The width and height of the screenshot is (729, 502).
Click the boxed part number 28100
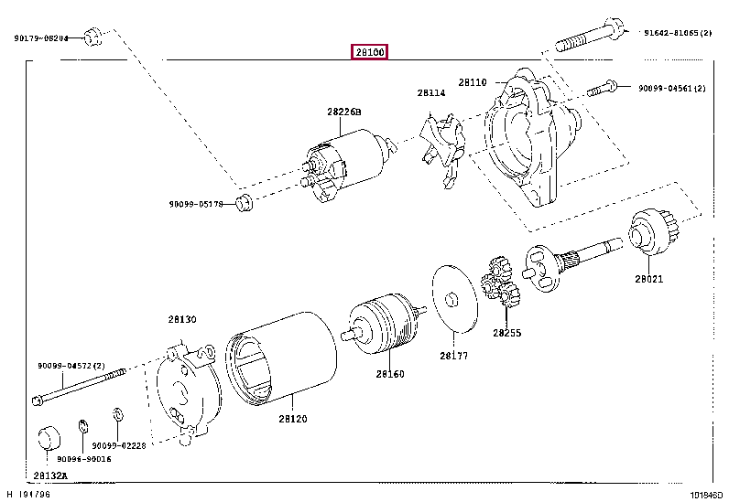pos(370,52)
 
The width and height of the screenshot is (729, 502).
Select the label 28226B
pos(343,112)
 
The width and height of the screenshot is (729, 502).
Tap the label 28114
pos(430,92)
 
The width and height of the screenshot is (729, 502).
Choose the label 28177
pos(452,356)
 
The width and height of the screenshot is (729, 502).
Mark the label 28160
pos(388,373)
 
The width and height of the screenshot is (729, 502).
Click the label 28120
pos(292,419)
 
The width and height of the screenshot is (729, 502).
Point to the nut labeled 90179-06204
pos(92,37)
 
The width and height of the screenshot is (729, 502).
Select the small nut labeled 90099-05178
pos(244,201)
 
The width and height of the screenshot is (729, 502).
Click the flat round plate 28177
pos(453,297)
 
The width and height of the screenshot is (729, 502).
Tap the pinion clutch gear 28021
pos(650,233)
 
